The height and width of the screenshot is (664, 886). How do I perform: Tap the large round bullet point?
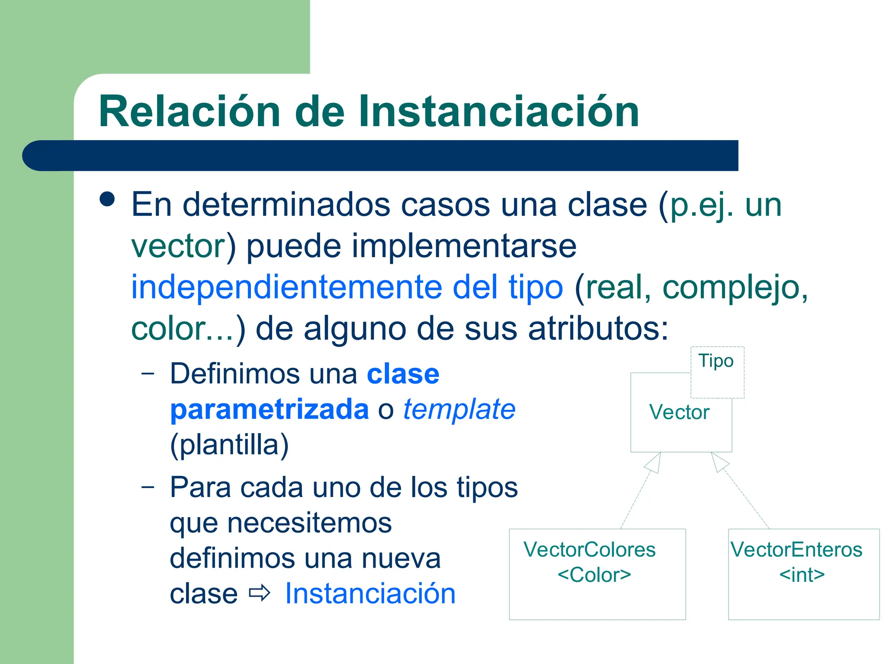click(107, 200)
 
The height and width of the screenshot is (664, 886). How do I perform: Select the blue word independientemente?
click(286, 287)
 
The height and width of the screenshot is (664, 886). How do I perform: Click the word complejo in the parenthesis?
click(731, 287)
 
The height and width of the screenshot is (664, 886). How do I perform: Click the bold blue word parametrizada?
click(269, 409)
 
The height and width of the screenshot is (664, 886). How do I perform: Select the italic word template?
click(459, 409)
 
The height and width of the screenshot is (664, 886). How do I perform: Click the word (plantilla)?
click(229, 445)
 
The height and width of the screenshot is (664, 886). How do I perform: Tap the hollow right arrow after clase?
click(260, 593)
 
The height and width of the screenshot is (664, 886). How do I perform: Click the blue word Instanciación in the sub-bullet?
click(370, 594)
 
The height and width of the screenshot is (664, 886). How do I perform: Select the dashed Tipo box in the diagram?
click(717, 372)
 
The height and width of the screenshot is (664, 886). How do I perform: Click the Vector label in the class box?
click(679, 412)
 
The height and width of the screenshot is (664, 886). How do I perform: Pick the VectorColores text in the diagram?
click(589, 550)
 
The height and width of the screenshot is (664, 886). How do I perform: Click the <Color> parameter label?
click(594, 575)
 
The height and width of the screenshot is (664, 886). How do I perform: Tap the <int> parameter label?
click(802, 575)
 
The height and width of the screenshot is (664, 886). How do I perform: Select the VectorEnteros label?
click(796, 550)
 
